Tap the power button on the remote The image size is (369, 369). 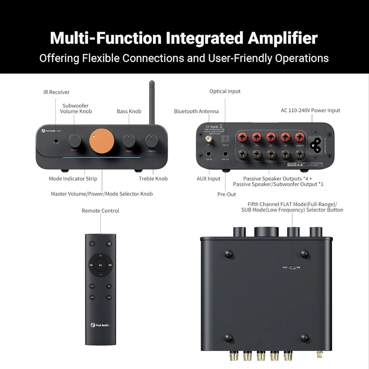click(x=92, y=244)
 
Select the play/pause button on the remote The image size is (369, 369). click(x=100, y=265)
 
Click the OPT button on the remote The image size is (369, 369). click(x=92, y=286)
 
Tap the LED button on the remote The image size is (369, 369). click(x=109, y=298)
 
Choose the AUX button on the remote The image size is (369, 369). click(x=92, y=298)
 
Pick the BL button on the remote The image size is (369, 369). click(x=109, y=286)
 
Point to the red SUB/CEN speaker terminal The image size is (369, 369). click(x=299, y=137)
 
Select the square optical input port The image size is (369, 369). click(x=226, y=139)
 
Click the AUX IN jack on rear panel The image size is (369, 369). click(x=209, y=154)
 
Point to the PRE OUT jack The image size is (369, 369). click(x=226, y=154)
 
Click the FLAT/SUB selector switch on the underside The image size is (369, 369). click(x=292, y=267)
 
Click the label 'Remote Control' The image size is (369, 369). click(x=100, y=211)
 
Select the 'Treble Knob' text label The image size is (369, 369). click(x=153, y=178)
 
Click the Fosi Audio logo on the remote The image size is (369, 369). click(x=100, y=325)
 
